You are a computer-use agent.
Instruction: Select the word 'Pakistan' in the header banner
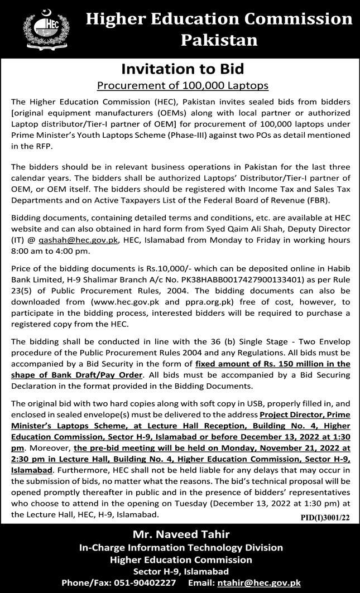pyautogui.click(x=219, y=41)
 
